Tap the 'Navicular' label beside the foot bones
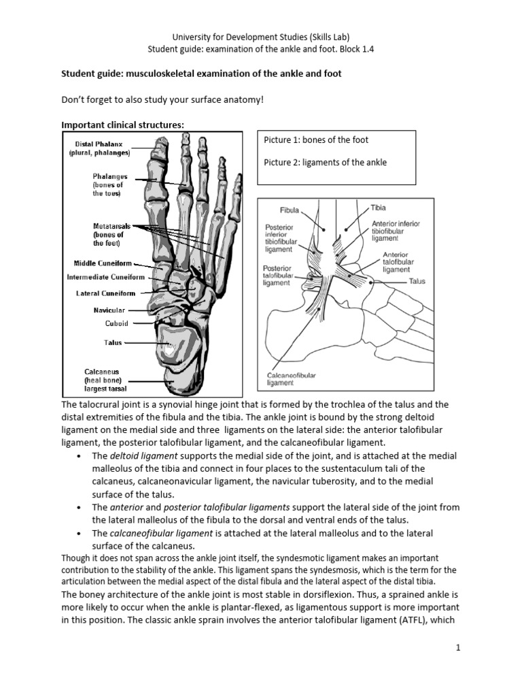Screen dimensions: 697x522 point(109,310)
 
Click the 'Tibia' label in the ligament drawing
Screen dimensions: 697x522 point(379,206)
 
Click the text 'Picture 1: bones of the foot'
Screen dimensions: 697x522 point(315,140)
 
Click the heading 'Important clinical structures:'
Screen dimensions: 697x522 point(122,124)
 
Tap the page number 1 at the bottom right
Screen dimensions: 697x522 point(459,647)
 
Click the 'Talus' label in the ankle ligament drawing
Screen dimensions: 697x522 point(417,281)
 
